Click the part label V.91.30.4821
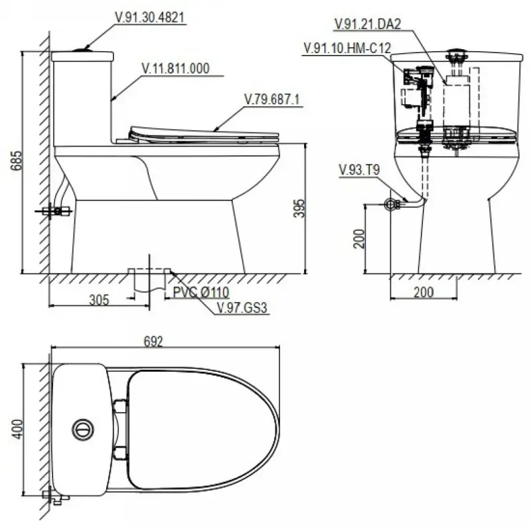coord(150,18)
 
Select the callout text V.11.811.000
coord(175,68)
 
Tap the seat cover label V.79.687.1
coord(272,99)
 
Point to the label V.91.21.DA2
coord(368,24)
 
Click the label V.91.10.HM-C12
coord(347,48)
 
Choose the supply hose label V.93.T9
coord(359,170)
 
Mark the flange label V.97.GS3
coord(242,308)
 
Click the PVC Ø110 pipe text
coord(201,292)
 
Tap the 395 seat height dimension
coord(299,208)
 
